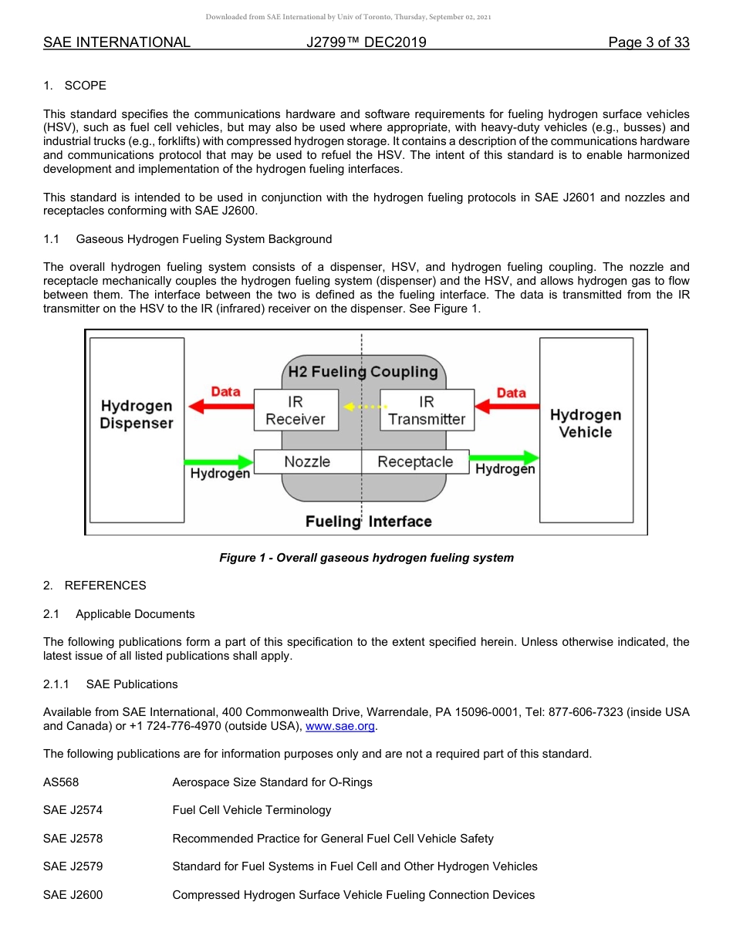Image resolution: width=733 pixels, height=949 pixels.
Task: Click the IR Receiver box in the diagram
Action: (x=296, y=410)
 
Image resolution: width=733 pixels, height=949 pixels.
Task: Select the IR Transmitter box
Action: (x=427, y=410)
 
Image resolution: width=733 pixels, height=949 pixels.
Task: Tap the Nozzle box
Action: (x=307, y=461)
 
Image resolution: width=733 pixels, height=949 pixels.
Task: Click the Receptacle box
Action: (x=415, y=461)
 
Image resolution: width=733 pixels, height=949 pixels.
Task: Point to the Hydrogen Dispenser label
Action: (x=137, y=414)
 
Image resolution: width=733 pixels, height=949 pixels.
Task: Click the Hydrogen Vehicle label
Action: (x=585, y=423)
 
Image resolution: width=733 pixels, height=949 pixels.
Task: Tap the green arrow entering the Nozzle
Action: (x=219, y=462)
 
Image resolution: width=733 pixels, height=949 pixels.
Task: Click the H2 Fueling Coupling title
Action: (x=363, y=372)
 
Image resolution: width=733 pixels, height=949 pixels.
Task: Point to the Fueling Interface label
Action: (x=368, y=522)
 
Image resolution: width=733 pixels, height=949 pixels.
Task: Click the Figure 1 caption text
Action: (x=366, y=557)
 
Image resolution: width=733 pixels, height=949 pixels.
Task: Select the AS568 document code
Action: (x=61, y=782)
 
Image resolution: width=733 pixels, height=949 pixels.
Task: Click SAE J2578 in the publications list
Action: (x=73, y=839)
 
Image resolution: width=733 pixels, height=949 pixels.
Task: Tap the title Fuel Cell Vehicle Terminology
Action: (x=252, y=810)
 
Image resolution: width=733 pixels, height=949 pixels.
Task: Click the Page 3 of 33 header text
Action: (x=648, y=42)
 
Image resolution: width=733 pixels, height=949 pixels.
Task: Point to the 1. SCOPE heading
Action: (x=75, y=85)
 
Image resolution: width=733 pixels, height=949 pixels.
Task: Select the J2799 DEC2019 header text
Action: (x=366, y=42)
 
